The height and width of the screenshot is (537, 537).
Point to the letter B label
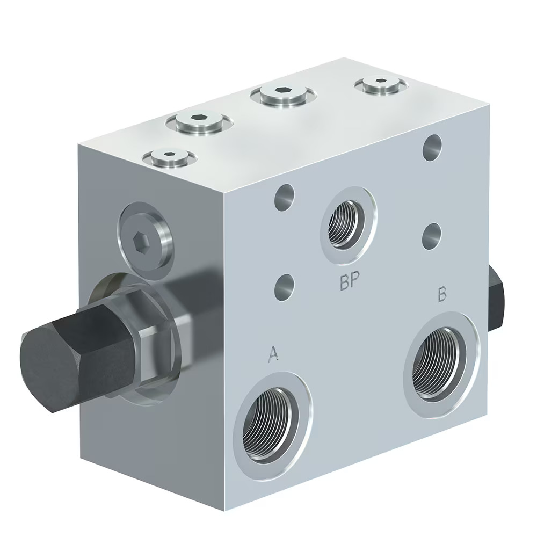tap(442, 294)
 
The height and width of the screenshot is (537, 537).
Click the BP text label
tap(349, 283)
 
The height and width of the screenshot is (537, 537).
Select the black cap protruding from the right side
tap(498, 301)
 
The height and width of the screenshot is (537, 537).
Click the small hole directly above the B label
tap(431, 236)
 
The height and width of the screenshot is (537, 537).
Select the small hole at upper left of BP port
tap(285, 198)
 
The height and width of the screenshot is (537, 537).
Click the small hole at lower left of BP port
tap(285, 287)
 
